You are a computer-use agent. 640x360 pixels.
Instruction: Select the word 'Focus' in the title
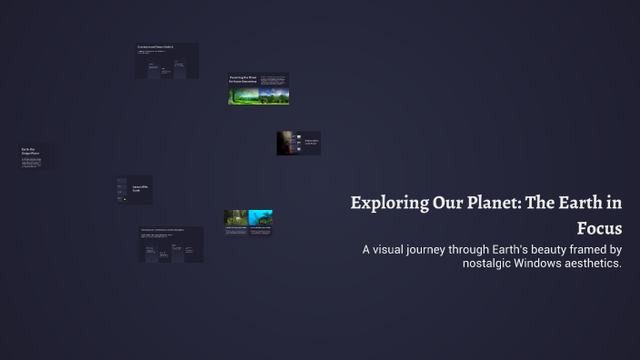[599, 227]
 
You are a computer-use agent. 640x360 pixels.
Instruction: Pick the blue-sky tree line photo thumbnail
[274, 95]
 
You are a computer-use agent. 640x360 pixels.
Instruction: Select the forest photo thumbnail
[235, 218]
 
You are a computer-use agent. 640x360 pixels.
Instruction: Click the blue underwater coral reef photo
[261, 218]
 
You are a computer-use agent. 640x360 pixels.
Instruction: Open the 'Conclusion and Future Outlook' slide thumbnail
[166, 61]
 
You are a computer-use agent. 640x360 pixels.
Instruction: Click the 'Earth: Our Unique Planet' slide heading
[30, 152]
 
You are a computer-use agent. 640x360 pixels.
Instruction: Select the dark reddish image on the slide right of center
[288, 143]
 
